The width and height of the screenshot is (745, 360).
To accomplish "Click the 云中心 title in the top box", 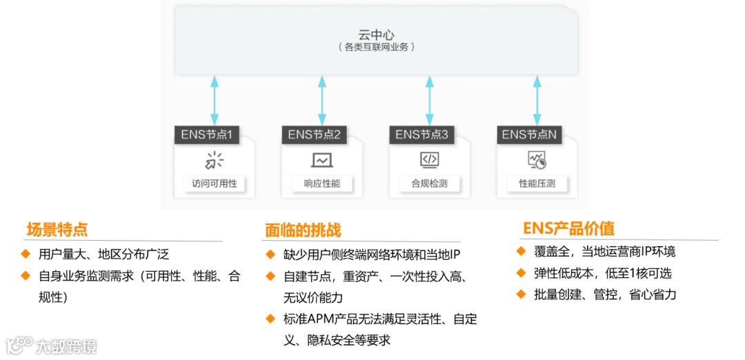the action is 376,34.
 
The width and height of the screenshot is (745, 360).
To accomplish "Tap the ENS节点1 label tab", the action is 206,134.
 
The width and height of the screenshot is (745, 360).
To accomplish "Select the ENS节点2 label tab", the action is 314,134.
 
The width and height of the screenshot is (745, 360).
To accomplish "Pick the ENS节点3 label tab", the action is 421,134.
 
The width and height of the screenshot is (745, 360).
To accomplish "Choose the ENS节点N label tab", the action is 529,134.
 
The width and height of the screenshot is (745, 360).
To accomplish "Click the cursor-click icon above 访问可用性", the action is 214,160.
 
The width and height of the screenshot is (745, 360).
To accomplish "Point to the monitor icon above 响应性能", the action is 321,160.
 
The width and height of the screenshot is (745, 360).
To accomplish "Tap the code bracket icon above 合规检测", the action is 429,160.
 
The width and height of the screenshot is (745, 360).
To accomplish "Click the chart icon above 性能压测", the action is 537,160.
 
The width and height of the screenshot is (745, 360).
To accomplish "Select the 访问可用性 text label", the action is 214,184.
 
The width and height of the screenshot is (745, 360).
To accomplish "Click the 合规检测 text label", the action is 429,184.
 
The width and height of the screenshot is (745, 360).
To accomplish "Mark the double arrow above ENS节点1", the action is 215,101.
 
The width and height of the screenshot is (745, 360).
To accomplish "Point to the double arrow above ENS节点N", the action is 537,101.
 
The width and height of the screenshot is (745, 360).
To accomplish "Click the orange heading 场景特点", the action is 57,230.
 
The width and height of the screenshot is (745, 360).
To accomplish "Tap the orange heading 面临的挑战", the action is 303,230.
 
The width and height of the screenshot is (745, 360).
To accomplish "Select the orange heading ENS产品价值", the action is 568,228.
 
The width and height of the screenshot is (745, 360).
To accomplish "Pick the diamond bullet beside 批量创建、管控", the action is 521,294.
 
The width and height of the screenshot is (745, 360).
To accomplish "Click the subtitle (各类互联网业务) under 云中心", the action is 376,48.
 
